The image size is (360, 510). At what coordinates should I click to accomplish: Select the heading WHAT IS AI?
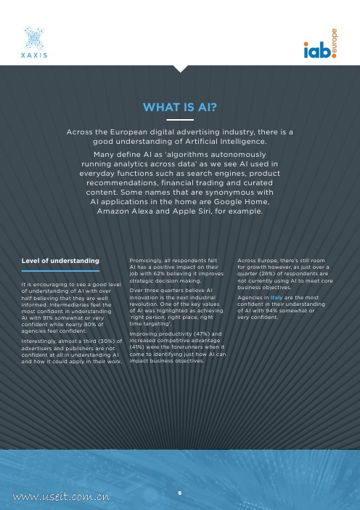pos(180,108)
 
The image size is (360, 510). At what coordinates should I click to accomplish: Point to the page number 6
pos(180,493)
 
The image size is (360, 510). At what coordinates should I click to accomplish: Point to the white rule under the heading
pos(180,119)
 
